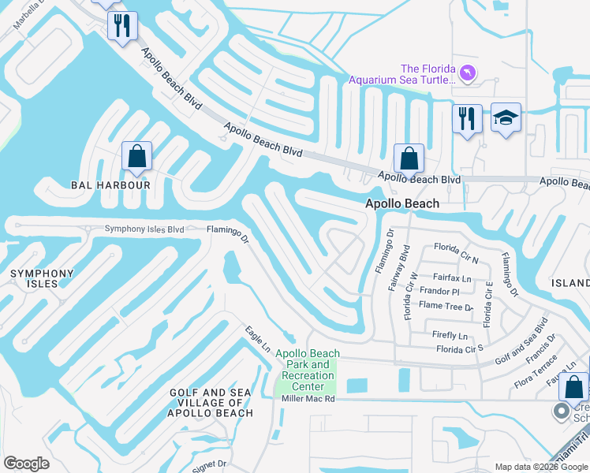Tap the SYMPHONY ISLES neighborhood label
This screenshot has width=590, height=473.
point(41,278)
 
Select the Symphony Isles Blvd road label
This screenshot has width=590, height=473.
point(144,229)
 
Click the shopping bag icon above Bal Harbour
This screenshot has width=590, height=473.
point(137,157)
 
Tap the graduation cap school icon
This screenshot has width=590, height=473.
point(506,118)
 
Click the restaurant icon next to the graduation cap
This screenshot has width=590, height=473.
point(467,119)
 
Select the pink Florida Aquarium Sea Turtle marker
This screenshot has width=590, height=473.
point(469,73)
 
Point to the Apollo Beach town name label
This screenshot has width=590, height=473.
point(401,203)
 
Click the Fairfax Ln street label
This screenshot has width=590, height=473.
point(452,277)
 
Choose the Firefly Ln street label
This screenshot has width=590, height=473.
point(450,335)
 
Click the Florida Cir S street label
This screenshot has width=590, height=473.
point(460,348)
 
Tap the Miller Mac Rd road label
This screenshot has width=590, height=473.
point(308,400)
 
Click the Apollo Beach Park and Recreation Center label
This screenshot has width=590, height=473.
point(308,370)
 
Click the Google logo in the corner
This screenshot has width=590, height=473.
point(27,464)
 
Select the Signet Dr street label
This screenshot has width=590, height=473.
point(211,464)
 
